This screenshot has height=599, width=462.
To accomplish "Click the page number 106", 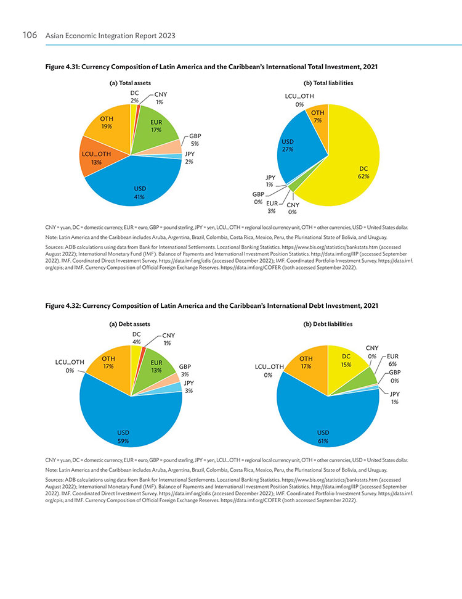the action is [30, 35].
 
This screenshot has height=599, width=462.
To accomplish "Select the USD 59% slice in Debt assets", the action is [126, 420].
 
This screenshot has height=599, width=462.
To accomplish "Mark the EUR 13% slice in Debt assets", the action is [156, 369].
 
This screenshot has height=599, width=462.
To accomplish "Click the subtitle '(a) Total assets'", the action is [130, 83].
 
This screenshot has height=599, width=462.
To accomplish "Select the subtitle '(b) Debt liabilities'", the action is [328, 324].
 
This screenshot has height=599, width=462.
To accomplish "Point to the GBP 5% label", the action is [195, 140].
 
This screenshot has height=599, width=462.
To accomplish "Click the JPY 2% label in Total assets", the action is [189, 158].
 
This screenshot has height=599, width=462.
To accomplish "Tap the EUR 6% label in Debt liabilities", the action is [392, 360].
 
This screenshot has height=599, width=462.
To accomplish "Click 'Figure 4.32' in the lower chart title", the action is [62, 306].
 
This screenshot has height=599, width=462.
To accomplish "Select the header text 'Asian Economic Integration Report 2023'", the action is [110, 36].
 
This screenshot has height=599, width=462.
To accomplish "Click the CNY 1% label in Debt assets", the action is [168, 339].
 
